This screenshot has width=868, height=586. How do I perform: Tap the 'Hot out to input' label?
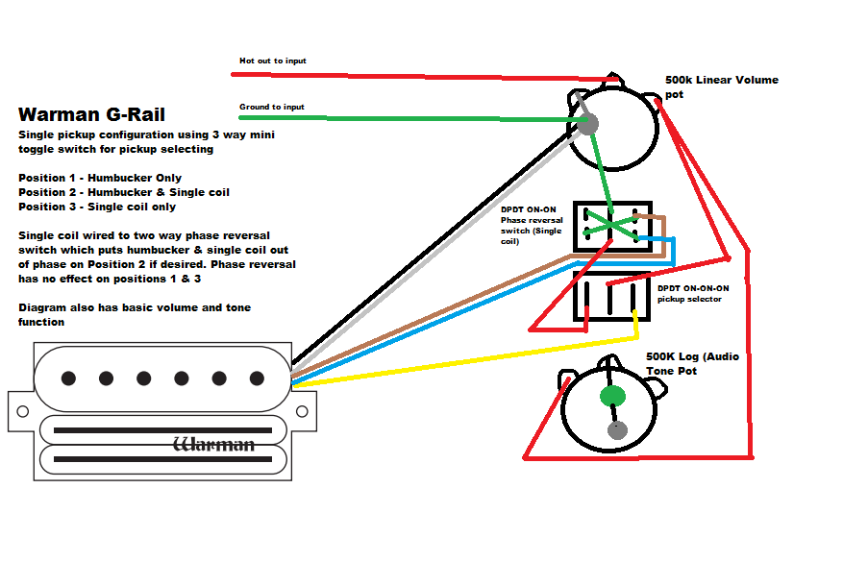click(272, 61)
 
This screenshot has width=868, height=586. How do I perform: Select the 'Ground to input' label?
click(271, 107)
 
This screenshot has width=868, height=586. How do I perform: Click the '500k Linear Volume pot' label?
click(721, 85)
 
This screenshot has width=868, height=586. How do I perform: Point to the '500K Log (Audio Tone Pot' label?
click(692, 363)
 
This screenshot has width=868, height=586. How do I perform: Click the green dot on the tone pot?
click(612, 396)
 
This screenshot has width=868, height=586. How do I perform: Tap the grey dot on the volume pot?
click(586, 124)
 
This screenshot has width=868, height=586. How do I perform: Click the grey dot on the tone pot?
click(617, 430)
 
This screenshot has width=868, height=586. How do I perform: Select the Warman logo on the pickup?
click(213, 444)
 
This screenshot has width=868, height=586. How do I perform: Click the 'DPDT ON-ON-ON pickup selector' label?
click(693, 293)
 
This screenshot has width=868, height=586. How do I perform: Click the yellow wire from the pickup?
click(461, 360)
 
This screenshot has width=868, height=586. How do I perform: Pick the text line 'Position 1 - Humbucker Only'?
click(100, 178)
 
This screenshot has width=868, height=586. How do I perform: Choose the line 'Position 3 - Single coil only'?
click(97, 207)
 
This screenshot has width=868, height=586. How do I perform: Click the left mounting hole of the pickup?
click(21, 411)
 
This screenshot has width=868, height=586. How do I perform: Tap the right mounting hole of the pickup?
click(302, 411)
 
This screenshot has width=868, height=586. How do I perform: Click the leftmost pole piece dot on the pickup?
click(68, 378)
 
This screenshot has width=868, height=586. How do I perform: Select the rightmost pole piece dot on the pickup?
click(257, 378)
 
